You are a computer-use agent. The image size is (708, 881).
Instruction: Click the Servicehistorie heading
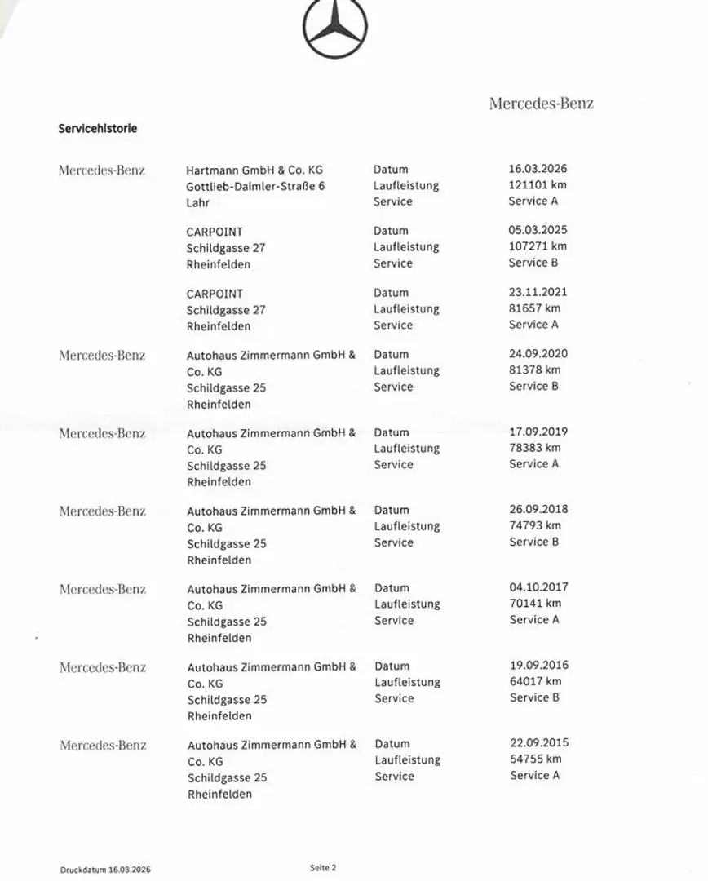[98, 129]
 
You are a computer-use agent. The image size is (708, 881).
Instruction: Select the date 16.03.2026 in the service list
[538, 170]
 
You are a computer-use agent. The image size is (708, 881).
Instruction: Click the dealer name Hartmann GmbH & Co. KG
[254, 170]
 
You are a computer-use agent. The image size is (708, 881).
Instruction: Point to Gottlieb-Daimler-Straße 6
[255, 186]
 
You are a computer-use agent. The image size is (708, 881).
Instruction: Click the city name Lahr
[197, 202]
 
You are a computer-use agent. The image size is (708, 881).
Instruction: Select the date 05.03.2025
[538, 231]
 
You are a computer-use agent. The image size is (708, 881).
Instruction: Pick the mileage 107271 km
[537, 246]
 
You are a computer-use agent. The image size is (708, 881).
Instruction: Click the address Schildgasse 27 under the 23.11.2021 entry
[226, 310]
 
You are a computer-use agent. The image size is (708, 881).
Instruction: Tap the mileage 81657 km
[534, 308]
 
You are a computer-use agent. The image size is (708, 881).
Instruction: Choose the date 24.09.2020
[538, 354]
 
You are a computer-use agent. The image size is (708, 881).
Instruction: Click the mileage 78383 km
[534, 448]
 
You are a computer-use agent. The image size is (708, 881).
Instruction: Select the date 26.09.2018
[538, 510]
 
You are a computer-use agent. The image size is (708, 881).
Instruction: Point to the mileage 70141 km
[535, 604]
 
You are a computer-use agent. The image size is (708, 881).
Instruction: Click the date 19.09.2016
[539, 666]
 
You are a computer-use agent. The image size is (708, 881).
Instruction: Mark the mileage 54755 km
[535, 759]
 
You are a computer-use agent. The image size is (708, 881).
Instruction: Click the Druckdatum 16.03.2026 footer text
[105, 870]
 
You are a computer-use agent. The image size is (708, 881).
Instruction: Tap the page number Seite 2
[323, 868]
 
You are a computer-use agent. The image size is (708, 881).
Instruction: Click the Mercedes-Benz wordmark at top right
[541, 104]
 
